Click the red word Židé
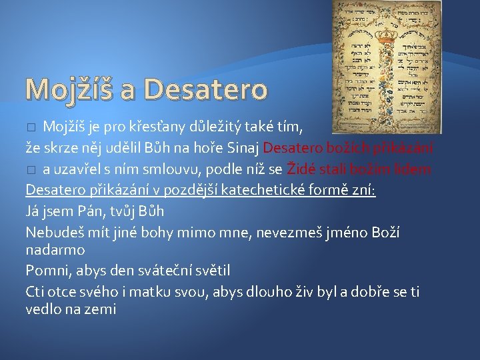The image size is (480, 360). [x=303, y=169]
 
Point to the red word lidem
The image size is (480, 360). [x=415, y=169]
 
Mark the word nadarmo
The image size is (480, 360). [x=55, y=250]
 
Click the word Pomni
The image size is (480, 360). [x=45, y=271]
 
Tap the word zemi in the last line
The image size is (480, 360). [x=101, y=309]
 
